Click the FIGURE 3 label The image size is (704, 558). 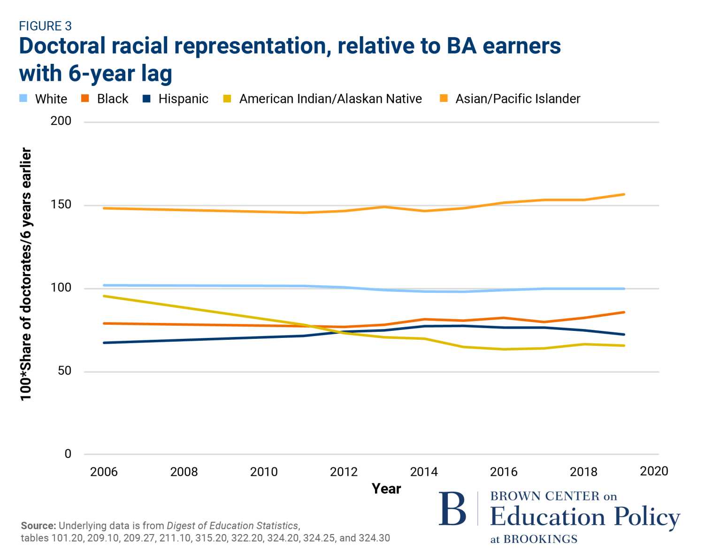pos(45,26)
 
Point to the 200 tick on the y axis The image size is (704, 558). pos(61,121)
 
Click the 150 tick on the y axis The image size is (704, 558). pos(61,205)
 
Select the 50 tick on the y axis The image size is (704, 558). pos(64,371)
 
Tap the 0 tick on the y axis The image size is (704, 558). pos(68,454)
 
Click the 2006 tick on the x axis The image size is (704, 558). pos(104,472)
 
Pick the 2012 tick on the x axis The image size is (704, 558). pos(344,472)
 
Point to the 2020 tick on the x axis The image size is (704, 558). pos(654,471)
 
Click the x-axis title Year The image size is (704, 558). pos(386,489)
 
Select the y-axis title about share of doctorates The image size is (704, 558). pos(26,275)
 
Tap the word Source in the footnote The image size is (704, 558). pos(38,526)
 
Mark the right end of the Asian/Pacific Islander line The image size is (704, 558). pos(624,194)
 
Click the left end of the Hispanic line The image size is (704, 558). pos(104,343)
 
